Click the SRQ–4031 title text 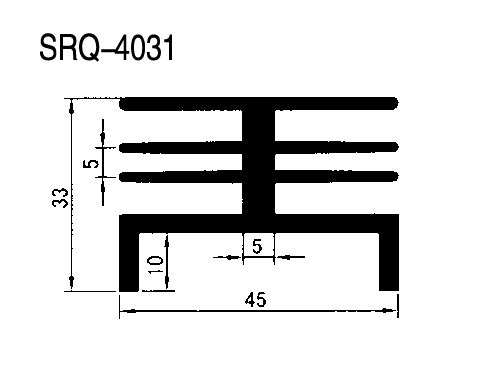[107, 48]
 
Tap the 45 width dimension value [256, 300]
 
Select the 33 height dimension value [60, 198]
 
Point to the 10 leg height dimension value [155, 264]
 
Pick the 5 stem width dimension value [257, 246]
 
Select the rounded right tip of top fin [395, 103]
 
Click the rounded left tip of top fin [123, 103]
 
